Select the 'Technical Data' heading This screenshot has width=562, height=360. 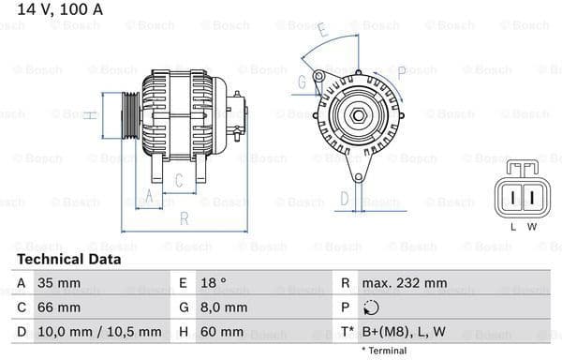point(68,259)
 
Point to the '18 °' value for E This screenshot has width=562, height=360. point(214,282)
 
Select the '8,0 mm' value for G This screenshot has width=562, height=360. point(224,307)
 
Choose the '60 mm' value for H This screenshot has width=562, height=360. point(223,331)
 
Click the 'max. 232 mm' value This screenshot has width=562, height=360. point(406,282)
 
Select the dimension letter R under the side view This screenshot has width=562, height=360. point(184,219)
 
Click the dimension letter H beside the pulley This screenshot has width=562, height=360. point(87,115)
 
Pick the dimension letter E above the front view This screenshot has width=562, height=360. point(323,30)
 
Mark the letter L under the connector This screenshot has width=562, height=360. point(512,226)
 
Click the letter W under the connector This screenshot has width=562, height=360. point(531,226)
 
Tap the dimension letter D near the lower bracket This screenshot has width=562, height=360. point(345,198)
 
